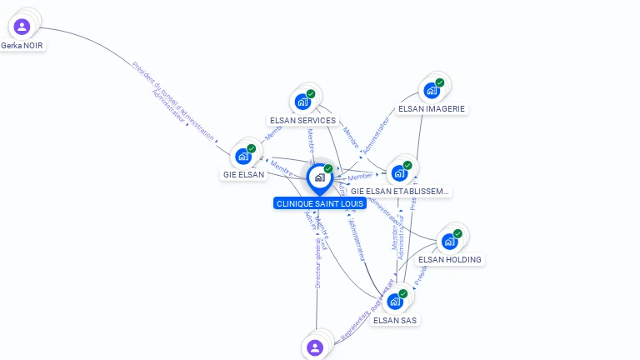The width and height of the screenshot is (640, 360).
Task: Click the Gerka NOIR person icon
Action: pyautogui.click(x=22, y=27)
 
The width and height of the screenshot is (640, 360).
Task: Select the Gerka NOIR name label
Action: pyautogui.click(x=22, y=45)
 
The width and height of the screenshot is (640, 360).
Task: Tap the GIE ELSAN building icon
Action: pyautogui.click(x=243, y=156)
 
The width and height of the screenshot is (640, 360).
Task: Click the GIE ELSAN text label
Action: pyautogui.click(x=243, y=175)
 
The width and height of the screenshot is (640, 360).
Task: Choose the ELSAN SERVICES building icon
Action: pyautogui.click(x=302, y=102)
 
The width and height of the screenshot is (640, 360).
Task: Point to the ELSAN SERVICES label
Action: pyautogui.click(x=302, y=120)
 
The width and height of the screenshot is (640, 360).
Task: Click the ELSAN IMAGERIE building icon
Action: pyautogui.click(x=432, y=90)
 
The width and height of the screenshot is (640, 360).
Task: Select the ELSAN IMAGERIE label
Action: pyautogui.click(x=432, y=108)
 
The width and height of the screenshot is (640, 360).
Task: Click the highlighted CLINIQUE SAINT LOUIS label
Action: pyautogui.click(x=319, y=203)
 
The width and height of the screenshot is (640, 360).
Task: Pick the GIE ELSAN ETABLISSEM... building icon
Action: pyautogui.click(x=399, y=172)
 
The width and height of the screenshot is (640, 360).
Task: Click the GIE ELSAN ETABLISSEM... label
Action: pyautogui.click(x=400, y=191)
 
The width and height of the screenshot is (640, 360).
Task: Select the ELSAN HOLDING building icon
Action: pyautogui.click(x=450, y=242)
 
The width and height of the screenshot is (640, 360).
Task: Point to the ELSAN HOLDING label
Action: pyautogui.click(x=450, y=259)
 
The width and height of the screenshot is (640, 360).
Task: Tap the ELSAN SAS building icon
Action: pyautogui.click(x=395, y=301)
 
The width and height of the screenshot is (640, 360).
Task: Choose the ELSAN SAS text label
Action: pyautogui.click(x=395, y=320)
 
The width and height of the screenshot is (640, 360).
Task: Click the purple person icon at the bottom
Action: pyautogui.click(x=315, y=347)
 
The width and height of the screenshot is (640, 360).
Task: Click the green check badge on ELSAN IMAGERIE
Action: pyautogui.click(x=440, y=82)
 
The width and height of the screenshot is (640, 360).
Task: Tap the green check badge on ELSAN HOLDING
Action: pyautogui.click(x=457, y=233)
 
